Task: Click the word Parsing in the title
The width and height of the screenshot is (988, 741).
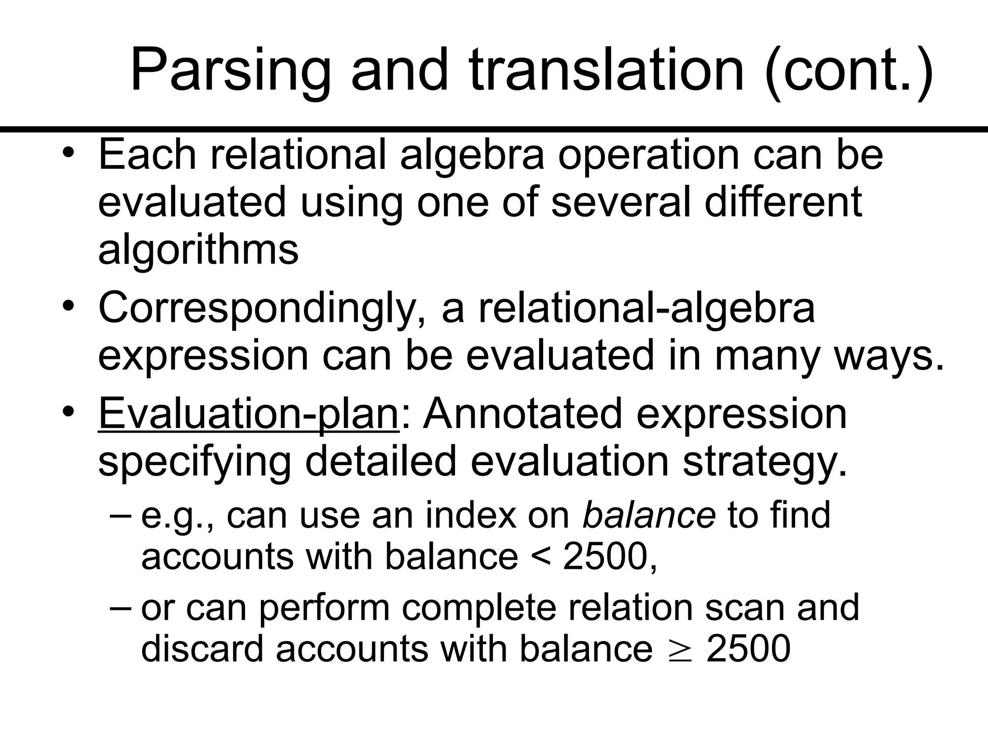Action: [231, 70]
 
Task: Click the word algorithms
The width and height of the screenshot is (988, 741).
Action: [198, 249]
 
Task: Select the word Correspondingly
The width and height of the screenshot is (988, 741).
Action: [258, 309]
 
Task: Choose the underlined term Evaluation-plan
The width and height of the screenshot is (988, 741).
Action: [248, 414]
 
